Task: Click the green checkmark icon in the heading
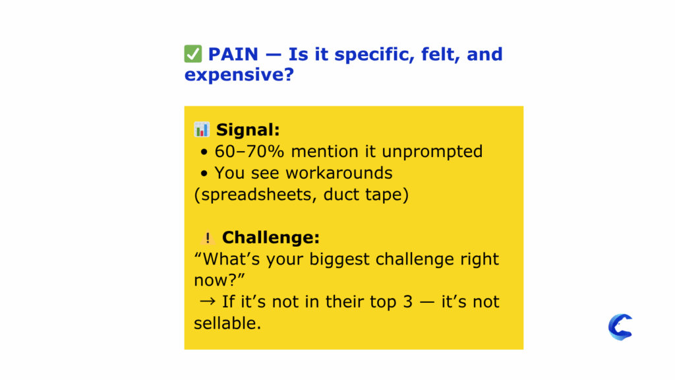point(193,54)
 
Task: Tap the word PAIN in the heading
point(233,54)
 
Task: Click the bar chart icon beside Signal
point(202,129)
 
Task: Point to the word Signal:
point(248,130)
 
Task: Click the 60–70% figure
point(250,151)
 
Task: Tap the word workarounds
point(339,173)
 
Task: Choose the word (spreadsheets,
point(254,195)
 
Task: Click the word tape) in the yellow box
point(385,195)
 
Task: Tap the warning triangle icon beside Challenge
point(208,238)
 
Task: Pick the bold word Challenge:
point(271,237)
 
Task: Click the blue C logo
point(620,327)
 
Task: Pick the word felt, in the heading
point(442,54)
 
